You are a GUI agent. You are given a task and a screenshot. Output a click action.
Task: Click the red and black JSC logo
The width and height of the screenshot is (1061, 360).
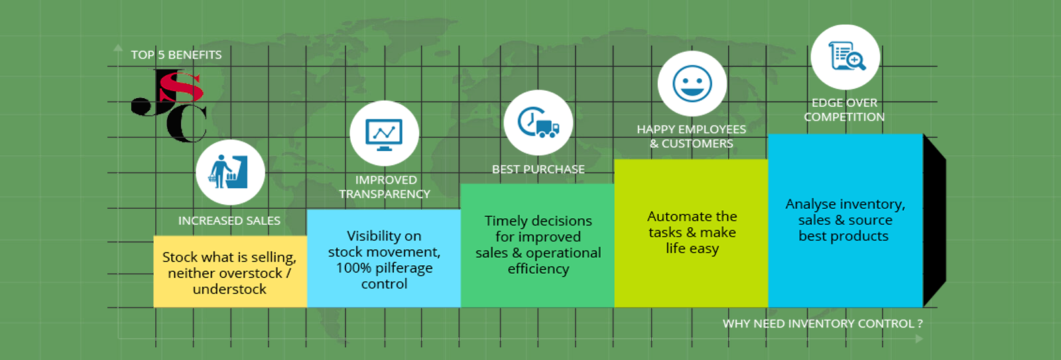click(x=169, y=105)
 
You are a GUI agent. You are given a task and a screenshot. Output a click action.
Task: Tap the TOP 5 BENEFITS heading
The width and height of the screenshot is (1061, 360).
click(x=176, y=55)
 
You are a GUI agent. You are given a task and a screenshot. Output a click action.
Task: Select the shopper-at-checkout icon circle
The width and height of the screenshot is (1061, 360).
click(x=230, y=172)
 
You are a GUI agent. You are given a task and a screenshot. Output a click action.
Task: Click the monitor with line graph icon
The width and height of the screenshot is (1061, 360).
click(x=384, y=135)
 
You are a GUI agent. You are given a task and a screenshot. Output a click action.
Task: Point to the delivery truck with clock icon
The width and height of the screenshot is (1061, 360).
click(x=538, y=122)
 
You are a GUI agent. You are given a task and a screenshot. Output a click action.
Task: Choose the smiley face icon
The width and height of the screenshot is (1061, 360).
click(x=692, y=84)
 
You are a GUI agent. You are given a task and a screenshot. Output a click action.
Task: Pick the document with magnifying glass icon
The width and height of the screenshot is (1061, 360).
click(x=846, y=56)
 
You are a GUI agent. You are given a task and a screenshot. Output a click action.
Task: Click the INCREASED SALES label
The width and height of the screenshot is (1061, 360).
click(x=229, y=221)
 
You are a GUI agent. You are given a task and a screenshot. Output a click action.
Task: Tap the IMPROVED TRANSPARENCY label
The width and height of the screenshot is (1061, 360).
click(x=385, y=187)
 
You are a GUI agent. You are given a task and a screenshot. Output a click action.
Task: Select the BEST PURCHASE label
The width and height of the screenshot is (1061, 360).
click(x=538, y=170)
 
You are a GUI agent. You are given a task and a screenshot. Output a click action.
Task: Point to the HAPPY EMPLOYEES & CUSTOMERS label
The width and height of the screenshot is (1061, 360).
click(x=692, y=137)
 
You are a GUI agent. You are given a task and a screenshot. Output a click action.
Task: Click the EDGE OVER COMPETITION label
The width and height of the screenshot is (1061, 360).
click(x=844, y=110)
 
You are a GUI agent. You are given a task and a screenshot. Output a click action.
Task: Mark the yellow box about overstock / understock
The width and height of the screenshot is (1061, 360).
click(x=230, y=271)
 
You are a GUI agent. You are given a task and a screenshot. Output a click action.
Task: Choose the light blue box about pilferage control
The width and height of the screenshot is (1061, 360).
click(x=384, y=258)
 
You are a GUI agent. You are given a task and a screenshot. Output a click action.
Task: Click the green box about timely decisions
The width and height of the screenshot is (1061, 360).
click(x=538, y=245)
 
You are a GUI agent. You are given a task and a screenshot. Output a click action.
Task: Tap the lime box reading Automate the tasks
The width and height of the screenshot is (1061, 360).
click(x=691, y=233)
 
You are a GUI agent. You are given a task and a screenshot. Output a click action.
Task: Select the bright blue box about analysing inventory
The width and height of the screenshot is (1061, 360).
click(x=845, y=221)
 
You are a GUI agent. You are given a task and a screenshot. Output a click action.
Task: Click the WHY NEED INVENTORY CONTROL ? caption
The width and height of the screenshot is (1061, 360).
click(x=823, y=324)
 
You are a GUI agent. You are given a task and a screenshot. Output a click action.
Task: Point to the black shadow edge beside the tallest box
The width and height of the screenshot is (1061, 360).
click(x=934, y=221)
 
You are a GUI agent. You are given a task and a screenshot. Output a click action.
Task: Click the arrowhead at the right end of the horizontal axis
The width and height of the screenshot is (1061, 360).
click(x=919, y=339)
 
